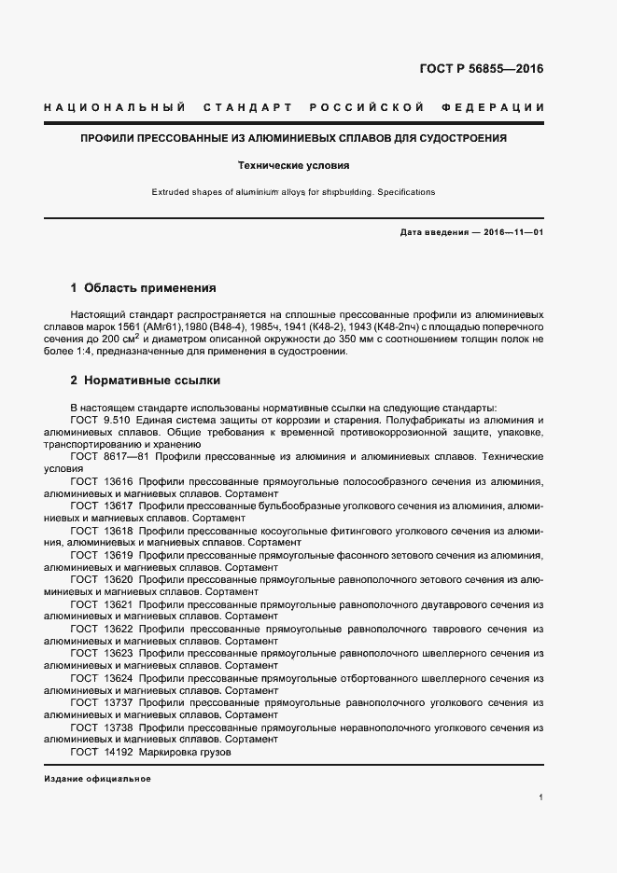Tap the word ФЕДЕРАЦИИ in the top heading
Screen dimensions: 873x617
[x=500, y=108]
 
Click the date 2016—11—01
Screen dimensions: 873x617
[x=513, y=231]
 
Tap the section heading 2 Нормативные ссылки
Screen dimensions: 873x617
[x=146, y=381]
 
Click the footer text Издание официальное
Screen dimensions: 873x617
[x=97, y=779]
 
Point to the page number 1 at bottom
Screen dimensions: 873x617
[x=541, y=798]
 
